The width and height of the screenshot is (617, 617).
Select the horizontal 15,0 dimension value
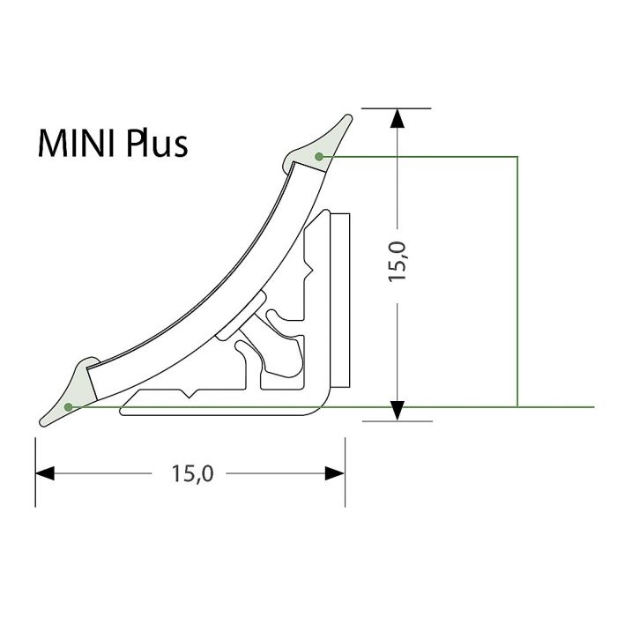[x=192, y=473]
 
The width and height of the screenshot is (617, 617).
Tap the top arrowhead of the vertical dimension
[x=398, y=120]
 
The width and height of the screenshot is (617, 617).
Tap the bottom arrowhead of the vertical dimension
[x=398, y=409]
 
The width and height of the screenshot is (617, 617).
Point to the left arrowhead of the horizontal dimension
[x=46, y=473]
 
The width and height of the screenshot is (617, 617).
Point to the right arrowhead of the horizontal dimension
[x=334, y=473]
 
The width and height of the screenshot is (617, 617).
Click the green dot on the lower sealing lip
[x=70, y=406]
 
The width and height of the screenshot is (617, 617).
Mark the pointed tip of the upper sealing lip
[x=351, y=115]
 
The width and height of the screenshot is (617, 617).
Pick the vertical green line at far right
[x=517, y=282]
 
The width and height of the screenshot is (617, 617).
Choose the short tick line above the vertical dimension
[x=398, y=108]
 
